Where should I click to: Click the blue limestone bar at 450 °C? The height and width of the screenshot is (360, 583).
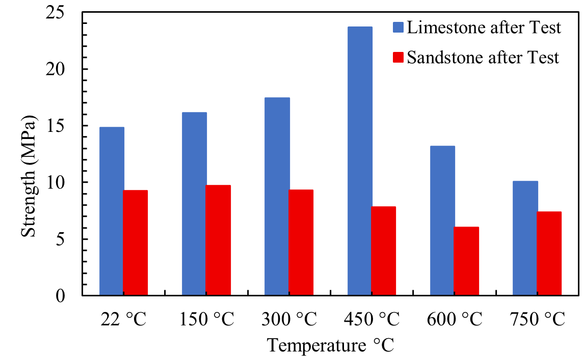tap(360, 161)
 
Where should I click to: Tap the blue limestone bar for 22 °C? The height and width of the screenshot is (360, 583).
tap(112, 211)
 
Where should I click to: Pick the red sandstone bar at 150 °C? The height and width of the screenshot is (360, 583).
tap(218, 240)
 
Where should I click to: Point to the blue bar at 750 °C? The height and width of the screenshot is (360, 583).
tap(525, 238)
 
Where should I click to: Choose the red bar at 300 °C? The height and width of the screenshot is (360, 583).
tap(301, 242)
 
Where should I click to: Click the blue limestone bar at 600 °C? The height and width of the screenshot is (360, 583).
tap(442, 220)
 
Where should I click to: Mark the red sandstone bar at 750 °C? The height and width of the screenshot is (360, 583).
tap(549, 254)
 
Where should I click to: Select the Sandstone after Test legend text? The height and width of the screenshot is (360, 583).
tap(483, 58)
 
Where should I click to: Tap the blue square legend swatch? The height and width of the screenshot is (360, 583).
tap(398, 27)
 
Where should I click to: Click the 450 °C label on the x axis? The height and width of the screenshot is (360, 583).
tap(372, 320)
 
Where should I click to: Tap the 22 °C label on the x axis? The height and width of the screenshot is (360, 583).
tap(123, 320)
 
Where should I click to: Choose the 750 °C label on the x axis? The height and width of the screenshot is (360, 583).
tap(537, 320)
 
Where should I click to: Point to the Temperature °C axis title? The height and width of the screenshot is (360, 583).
tap(331, 346)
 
